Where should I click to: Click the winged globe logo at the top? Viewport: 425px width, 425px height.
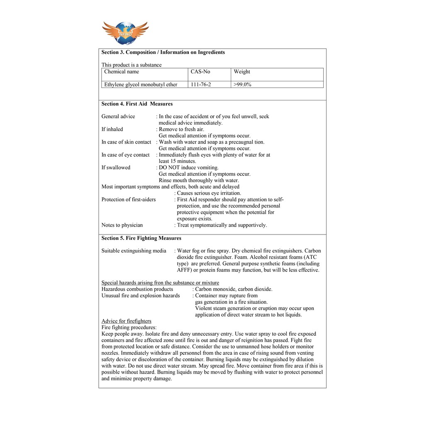pos(125,32)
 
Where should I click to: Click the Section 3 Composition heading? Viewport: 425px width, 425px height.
pos(163,52)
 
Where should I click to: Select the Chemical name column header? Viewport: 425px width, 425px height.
pos(122,72)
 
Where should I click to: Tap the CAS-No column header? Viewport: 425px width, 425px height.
pos(200,72)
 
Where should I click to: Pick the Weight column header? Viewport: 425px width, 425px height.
pos(242,72)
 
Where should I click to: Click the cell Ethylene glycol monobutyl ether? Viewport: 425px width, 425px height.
pos(141,85)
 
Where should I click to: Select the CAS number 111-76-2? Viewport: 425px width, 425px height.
pos(201,85)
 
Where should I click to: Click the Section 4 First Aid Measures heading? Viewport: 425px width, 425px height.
pos(137,104)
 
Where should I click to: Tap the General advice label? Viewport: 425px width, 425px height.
pos(118,117)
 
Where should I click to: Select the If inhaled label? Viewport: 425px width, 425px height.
pos(112,129)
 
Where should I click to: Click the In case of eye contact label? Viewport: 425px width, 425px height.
pos(125,155)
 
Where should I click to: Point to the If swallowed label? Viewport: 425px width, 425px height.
pos(116,168)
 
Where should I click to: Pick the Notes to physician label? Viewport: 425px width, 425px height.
pos(122,225)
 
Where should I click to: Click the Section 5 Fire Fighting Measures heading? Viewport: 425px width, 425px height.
pos(142,238)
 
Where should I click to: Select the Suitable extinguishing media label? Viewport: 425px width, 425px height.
pos(134,251)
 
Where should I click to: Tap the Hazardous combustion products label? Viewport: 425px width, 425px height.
pos(137,289)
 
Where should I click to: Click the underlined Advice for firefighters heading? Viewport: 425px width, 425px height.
pos(127,321)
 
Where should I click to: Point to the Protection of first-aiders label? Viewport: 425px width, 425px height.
pos(129,200)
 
